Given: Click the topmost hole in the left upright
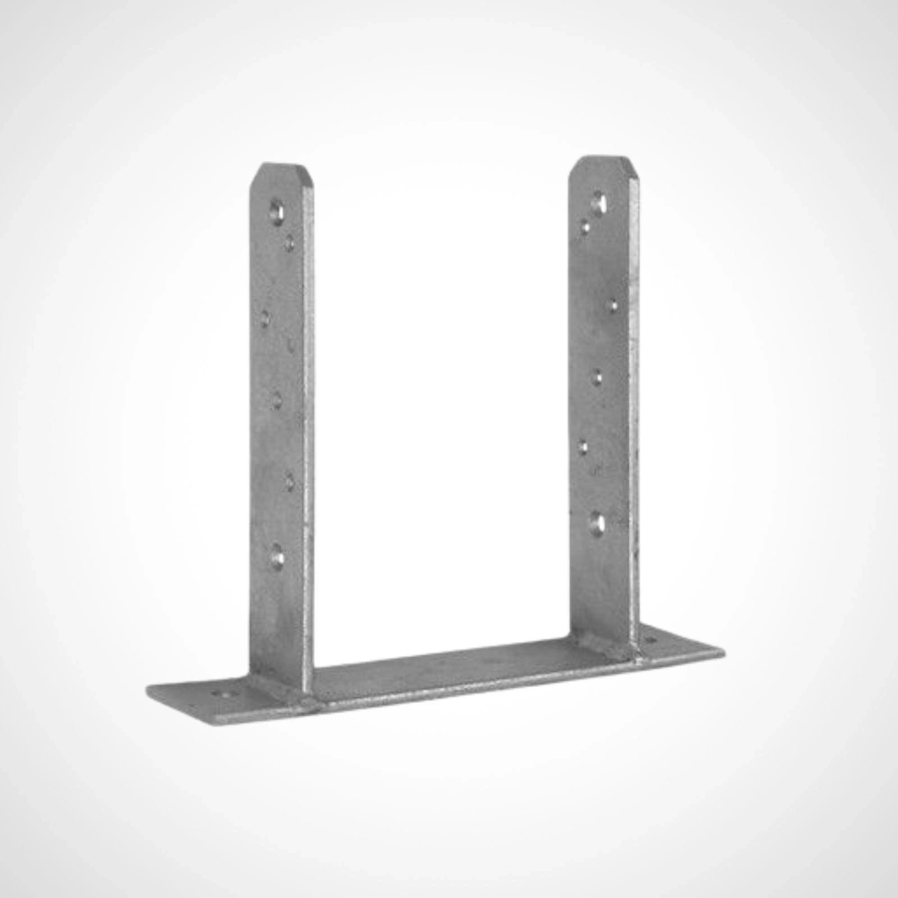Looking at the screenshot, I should (275, 212).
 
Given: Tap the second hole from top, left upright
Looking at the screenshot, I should (290, 243).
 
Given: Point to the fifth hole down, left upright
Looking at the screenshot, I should (290, 482).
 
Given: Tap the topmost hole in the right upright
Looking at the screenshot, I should (599, 200).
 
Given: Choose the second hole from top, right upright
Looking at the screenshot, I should (586, 226).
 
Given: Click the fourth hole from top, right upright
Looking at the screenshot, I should (598, 377).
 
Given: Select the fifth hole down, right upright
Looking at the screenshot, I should (584, 447).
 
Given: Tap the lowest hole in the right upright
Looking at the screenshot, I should (598, 523).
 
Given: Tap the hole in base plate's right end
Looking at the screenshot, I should (651, 640).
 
